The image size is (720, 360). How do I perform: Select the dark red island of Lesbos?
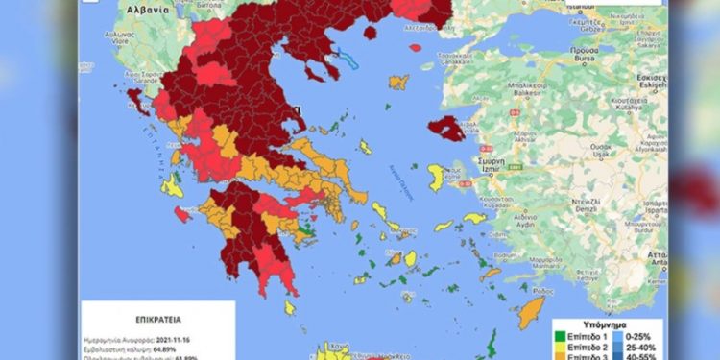tap(447, 127)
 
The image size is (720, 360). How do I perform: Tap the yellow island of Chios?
tap(436, 178)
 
